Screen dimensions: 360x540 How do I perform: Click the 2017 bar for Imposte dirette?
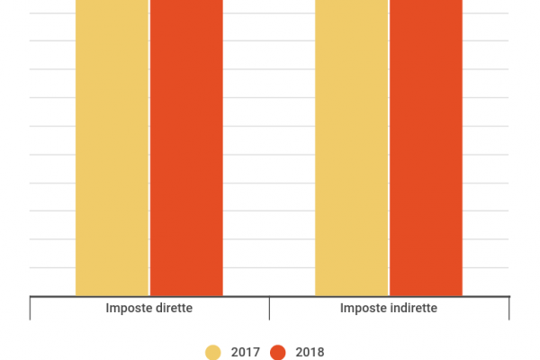coord(112,148)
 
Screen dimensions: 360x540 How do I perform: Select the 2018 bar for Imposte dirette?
coord(186,148)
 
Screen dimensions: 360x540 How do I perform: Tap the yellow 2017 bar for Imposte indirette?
coord(351,148)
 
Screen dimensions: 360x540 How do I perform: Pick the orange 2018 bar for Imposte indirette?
coord(426,148)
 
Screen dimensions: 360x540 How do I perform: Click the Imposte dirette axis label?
coord(149,309)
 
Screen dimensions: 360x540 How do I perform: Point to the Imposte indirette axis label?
coord(389,309)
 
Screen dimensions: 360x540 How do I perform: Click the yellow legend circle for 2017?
coord(213,352)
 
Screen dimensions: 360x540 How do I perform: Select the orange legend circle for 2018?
coord(278,352)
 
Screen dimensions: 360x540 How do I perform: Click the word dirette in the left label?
coord(174,309)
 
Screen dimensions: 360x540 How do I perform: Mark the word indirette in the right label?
coord(411,309)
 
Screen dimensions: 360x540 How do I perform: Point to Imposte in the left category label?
coord(128,309)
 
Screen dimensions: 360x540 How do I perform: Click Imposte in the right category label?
coord(363,309)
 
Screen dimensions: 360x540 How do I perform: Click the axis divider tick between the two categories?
coord(269,308)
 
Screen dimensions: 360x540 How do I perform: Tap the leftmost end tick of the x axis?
coord(31,308)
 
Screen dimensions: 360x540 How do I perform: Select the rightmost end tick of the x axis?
coord(508,308)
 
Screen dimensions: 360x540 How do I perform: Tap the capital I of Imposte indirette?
coord(342,309)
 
